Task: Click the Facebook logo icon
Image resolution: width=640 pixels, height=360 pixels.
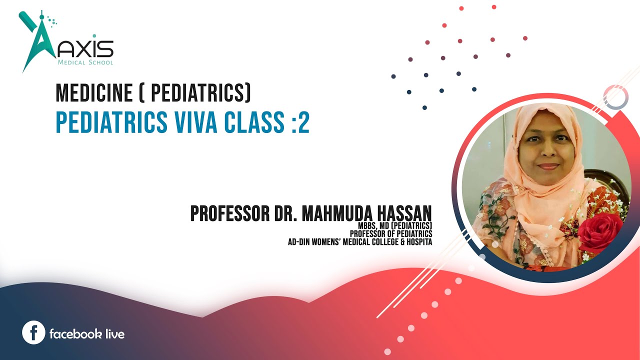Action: click(x=34, y=333)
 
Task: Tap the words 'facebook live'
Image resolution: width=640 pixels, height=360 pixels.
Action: click(x=87, y=333)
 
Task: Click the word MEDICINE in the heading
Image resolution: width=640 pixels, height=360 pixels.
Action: click(x=93, y=92)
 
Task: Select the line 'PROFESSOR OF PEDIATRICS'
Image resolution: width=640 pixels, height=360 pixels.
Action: click(x=391, y=233)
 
